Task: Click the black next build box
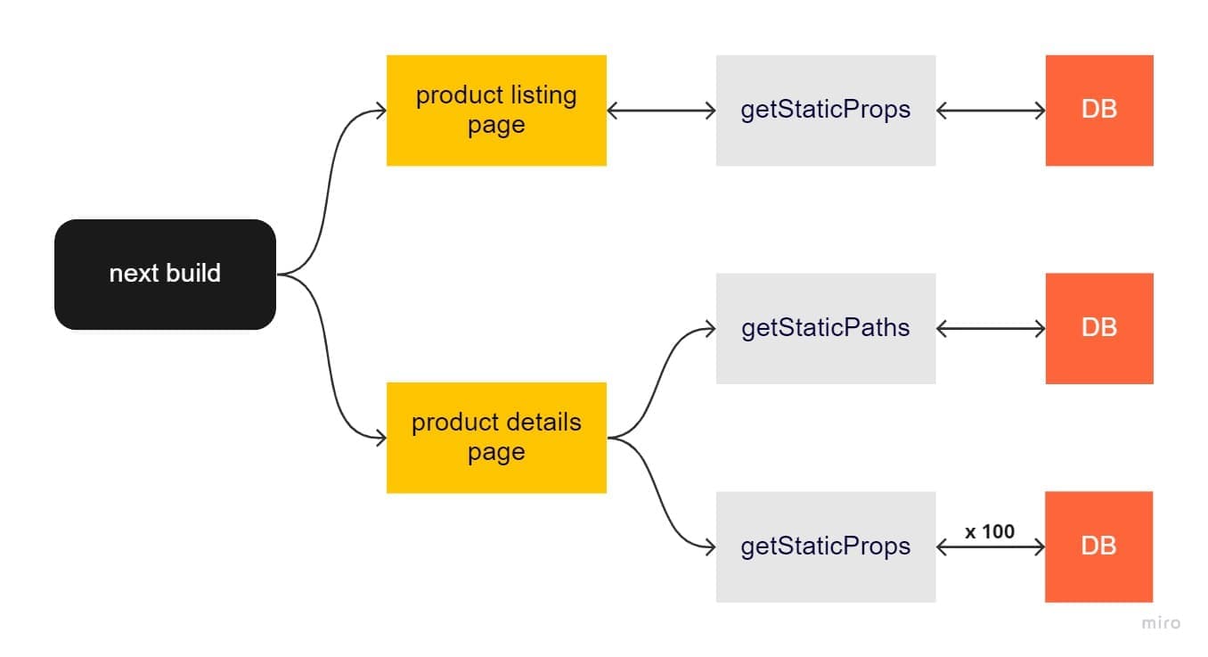coord(165,274)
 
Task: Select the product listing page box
coord(496,111)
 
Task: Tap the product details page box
coord(496,437)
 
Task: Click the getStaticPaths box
coord(825,328)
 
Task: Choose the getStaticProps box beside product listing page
coord(825,111)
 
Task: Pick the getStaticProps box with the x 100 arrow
coord(825,546)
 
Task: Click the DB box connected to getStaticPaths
coord(1098,328)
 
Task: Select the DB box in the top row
coord(1098,111)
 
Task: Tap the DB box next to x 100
coord(1098,546)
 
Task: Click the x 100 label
coord(990,531)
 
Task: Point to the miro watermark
coord(1161,623)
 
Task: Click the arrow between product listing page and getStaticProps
coord(661,111)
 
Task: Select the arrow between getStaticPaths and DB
coord(990,329)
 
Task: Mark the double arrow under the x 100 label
coord(990,547)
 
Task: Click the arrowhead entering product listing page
coord(380,111)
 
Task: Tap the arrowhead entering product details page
coord(380,438)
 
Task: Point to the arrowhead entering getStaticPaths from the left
coord(710,329)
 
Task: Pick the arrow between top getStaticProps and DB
coord(990,111)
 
